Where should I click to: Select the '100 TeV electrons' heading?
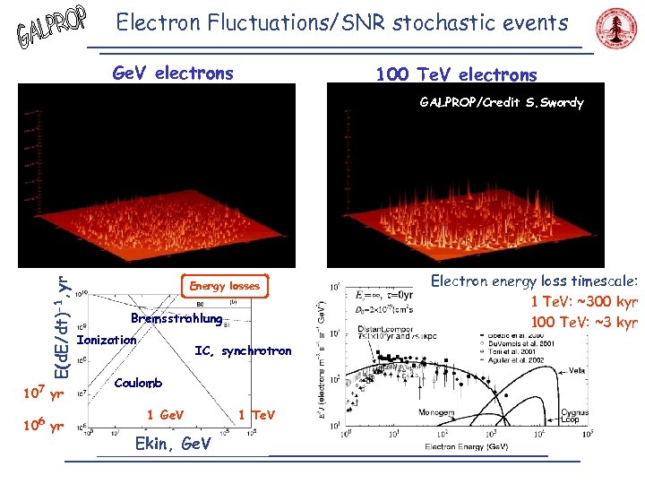456,74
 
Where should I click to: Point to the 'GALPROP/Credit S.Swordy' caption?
502,102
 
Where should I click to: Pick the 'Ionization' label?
107,340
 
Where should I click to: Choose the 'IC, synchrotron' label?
243,350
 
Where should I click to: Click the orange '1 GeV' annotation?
165,414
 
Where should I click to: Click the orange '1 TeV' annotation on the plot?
257,414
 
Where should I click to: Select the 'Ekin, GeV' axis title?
172,444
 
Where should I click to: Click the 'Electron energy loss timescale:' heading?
534,281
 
